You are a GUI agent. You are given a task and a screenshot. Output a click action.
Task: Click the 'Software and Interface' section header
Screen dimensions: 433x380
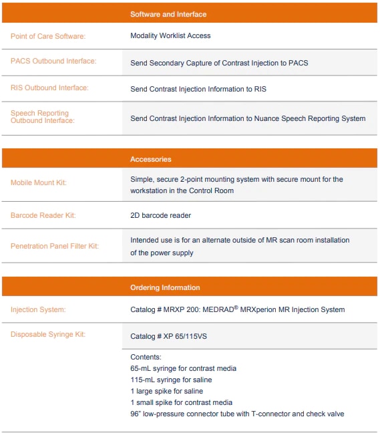pos(168,14)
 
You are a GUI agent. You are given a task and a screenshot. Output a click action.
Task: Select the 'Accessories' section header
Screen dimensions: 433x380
pos(151,159)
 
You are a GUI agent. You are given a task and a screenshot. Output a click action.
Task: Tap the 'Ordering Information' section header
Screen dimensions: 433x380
pos(165,287)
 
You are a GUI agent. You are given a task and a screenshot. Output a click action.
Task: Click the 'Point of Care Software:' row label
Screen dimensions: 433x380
pos(48,36)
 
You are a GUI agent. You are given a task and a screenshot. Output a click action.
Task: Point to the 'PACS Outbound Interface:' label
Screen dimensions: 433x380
pos(53,61)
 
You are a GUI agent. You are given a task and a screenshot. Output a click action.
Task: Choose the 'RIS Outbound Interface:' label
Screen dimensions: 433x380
pos(49,88)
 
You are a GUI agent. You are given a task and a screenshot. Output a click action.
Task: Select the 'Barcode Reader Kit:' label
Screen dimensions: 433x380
pos(43,216)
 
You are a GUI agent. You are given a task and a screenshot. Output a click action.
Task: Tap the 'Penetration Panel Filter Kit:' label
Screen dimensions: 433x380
pos(55,246)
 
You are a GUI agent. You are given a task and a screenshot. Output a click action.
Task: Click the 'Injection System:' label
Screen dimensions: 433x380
pos(38,309)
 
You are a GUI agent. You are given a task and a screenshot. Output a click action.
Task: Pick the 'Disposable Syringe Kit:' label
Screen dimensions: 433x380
pos(48,335)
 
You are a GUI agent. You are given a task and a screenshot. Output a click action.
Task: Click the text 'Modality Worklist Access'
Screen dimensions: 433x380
pos(170,35)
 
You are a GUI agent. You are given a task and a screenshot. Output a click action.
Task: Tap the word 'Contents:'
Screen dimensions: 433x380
pos(146,357)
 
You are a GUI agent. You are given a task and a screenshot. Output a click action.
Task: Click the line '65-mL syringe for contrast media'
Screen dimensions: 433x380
pos(184,368)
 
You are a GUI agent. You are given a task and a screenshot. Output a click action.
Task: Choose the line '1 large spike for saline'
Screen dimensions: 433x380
pos(167,391)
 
